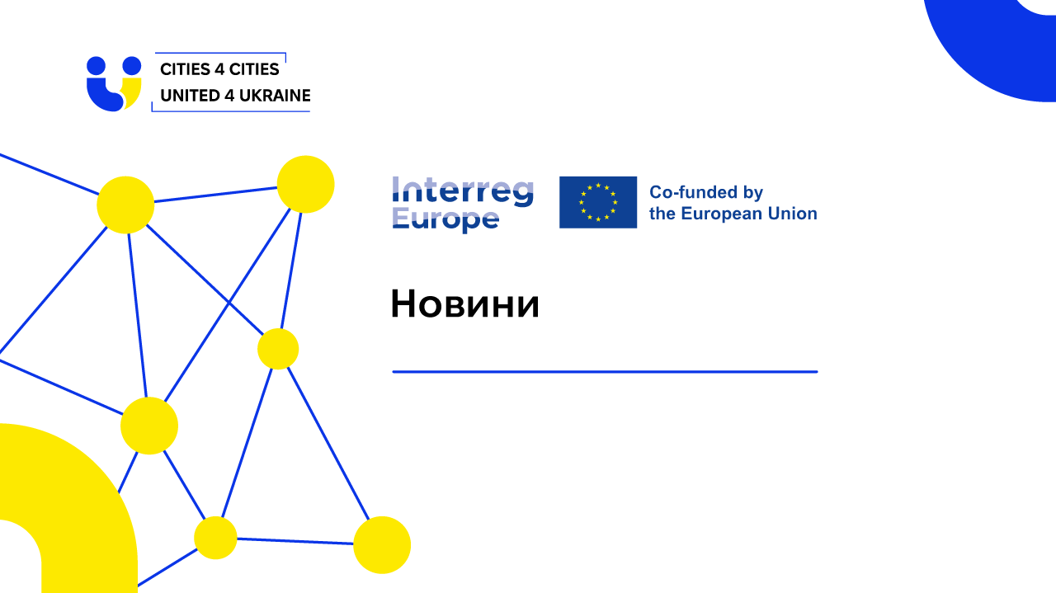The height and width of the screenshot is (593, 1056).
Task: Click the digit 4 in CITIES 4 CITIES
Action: [x=219, y=69]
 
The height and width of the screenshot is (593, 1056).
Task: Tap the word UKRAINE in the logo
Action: [x=275, y=96]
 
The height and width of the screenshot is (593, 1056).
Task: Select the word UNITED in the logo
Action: [x=190, y=96]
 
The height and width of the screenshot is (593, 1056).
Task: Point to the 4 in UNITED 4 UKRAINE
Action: [x=229, y=96]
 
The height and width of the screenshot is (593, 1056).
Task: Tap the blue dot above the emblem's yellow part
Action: [x=131, y=66]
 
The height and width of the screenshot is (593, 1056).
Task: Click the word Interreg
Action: [x=463, y=192]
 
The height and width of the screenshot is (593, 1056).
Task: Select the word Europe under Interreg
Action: [x=445, y=219]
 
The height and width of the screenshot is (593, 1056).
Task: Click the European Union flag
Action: [x=598, y=202]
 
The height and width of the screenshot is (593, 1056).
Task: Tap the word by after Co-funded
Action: [x=753, y=193]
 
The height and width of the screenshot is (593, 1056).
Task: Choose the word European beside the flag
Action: [x=721, y=214]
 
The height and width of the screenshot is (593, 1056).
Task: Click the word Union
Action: [x=793, y=214]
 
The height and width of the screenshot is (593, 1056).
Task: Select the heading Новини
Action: [x=464, y=304]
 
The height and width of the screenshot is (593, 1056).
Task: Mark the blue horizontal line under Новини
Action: [x=605, y=372]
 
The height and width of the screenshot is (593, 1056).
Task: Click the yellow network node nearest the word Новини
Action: [x=278, y=349]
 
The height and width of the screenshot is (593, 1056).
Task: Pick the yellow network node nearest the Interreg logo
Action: [x=305, y=184]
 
